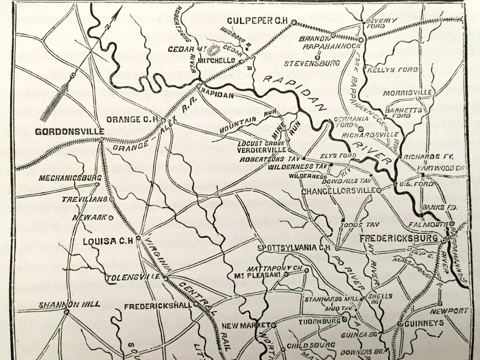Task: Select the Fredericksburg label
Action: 399,238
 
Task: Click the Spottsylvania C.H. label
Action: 293,248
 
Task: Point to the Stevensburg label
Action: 314,62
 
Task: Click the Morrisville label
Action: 412,92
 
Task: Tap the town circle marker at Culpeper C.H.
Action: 293,22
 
